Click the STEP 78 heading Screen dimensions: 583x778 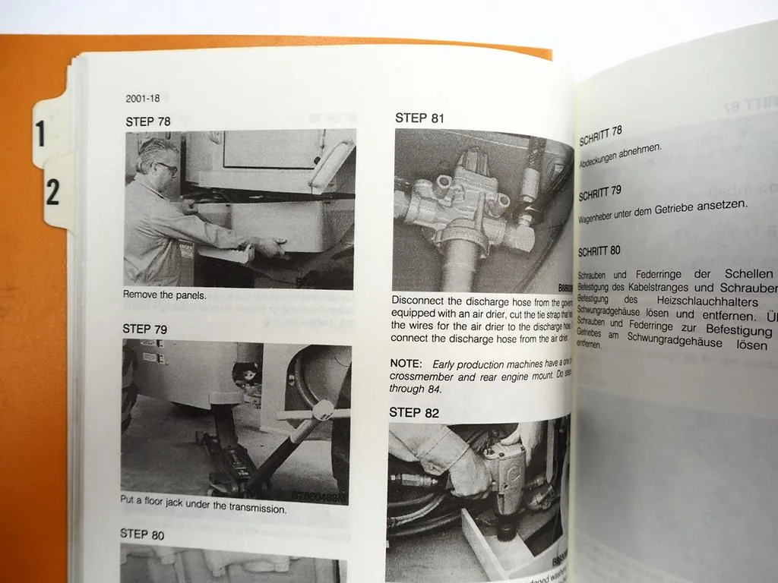pyautogui.click(x=148, y=121)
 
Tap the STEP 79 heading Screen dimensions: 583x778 pyautogui.click(x=145, y=329)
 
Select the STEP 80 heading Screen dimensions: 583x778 pyautogui.click(x=142, y=534)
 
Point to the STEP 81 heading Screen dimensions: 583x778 pyautogui.click(x=419, y=118)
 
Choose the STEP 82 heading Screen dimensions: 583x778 pyautogui.click(x=414, y=412)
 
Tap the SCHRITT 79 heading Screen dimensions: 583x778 pyautogui.click(x=600, y=193)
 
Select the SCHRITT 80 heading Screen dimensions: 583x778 pyautogui.click(x=599, y=250)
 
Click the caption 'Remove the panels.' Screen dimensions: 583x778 pyautogui.click(x=164, y=295)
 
